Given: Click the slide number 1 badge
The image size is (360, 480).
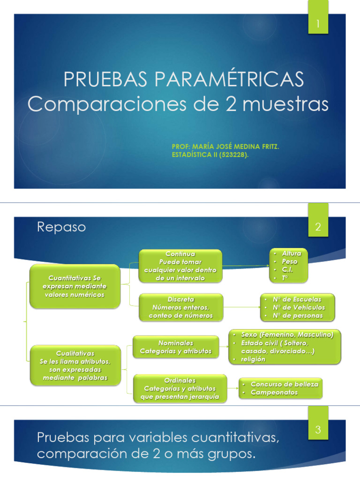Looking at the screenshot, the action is click(x=318, y=24).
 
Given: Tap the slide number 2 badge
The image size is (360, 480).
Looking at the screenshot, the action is click(x=318, y=228).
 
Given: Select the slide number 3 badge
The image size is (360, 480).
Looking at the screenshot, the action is click(x=318, y=429).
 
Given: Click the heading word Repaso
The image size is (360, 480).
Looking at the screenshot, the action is click(x=61, y=227).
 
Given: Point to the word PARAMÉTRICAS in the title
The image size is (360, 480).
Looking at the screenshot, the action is click(x=240, y=80).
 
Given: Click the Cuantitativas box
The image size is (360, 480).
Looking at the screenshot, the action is click(x=75, y=286).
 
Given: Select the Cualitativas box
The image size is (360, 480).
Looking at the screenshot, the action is click(x=75, y=365).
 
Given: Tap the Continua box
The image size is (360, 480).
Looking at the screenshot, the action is click(x=180, y=266).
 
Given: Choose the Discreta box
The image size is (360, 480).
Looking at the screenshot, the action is click(x=180, y=307).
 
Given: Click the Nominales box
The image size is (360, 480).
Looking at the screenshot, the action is click(x=176, y=347).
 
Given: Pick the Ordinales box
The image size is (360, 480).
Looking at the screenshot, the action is click(x=180, y=389).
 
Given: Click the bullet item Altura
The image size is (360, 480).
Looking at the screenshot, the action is click(x=291, y=254).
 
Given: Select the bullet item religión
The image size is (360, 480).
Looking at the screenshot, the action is click(x=253, y=359).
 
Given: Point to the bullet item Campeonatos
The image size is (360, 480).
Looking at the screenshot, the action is click(x=274, y=392).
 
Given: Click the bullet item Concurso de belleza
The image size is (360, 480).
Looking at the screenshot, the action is click(x=284, y=384).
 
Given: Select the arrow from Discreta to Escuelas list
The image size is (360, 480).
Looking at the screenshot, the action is click(x=241, y=307).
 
